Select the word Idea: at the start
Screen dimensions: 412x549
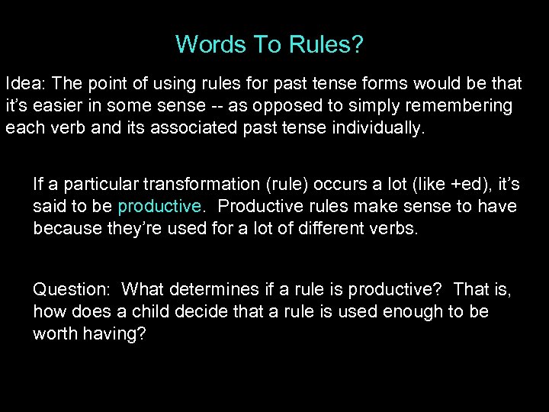coord(26,82)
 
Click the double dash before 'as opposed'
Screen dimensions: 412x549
coord(253,105)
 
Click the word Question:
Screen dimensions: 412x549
coord(71,289)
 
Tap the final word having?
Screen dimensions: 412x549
coord(116,335)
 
